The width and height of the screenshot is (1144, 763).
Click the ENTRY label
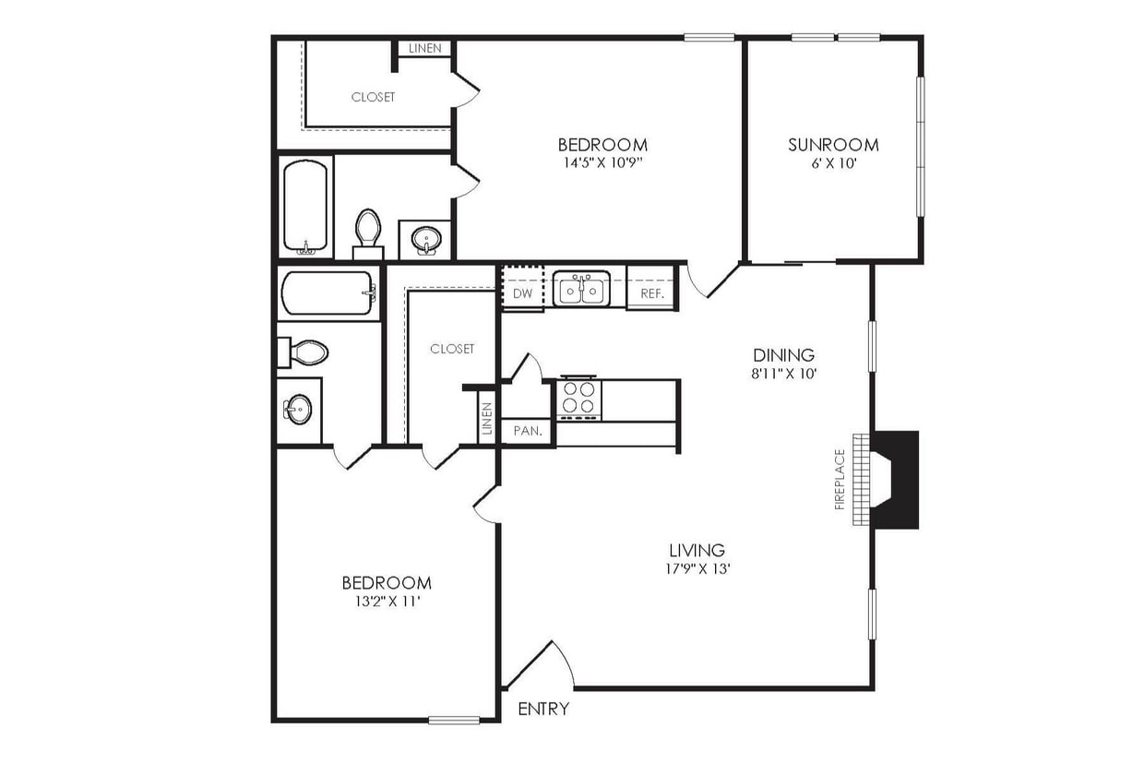(x=543, y=709)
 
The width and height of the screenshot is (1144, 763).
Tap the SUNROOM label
(x=833, y=145)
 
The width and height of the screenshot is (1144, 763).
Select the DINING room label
(x=783, y=355)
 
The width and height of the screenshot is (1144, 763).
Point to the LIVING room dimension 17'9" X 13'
(x=698, y=569)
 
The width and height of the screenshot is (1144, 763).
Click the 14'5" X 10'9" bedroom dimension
(x=602, y=163)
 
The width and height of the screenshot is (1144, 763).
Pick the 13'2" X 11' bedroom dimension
(x=386, y=602)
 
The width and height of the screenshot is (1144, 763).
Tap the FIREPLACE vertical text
(x=840, y=479)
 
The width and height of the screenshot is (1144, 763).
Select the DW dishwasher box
(x=522, y=293)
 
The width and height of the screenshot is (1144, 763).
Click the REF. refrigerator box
(x=652, y=293)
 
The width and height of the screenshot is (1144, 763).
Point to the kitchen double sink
(x=581, y=290)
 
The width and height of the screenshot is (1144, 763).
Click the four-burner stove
(x=578, y=399)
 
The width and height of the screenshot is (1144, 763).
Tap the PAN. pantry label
(x=527, y=431)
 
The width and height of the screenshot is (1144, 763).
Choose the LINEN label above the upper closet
(x=424, y=48)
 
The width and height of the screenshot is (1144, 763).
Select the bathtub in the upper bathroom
(x=306, y=208)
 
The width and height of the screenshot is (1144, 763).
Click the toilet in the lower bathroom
(x=306, y=352)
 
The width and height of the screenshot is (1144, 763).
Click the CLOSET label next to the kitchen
(x=452, y=349)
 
